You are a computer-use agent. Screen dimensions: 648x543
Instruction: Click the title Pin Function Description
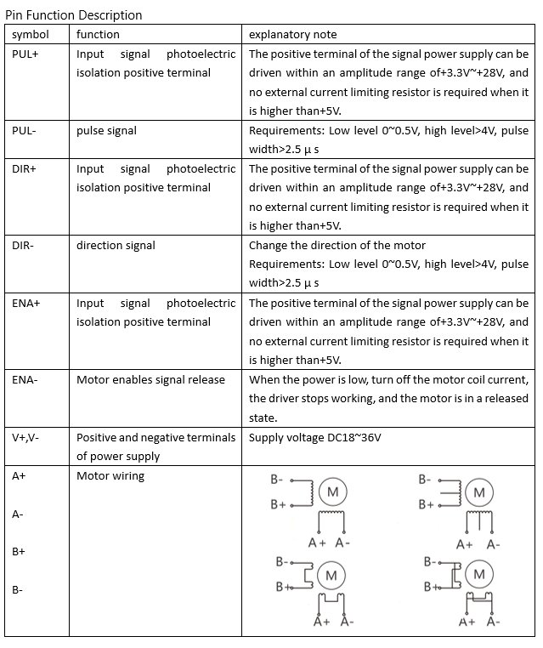click(74, 15)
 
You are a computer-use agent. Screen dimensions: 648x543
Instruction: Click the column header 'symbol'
click(30, 35)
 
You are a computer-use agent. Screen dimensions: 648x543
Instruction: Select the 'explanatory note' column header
click(293, 35)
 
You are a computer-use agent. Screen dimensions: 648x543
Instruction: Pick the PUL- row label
click(25, 131)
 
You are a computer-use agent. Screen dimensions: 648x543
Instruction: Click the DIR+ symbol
click(25, 168)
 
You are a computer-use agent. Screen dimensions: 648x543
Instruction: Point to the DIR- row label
click(24, 246)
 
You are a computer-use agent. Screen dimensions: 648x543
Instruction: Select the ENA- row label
click(25, 379)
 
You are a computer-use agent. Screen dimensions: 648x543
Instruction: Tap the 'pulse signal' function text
click(106, 131)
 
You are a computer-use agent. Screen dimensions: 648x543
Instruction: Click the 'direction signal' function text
click(116, 246)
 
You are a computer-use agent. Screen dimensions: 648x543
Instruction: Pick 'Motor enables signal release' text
click(150, 379)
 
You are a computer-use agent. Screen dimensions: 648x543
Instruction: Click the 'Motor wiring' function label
click(110, 476)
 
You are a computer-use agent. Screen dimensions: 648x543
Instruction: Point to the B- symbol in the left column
click(18, 589)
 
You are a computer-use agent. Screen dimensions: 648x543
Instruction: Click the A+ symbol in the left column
click(19, 476)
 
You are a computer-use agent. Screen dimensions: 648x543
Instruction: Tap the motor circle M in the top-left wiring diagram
click(332, 492)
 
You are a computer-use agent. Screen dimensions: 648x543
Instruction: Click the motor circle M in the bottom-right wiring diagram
click(479, 575)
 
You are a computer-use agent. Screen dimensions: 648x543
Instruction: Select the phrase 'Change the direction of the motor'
click(337, 246)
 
